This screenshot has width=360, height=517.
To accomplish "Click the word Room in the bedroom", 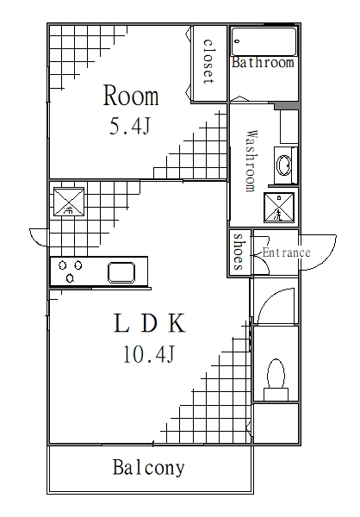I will click(x=132, y=94).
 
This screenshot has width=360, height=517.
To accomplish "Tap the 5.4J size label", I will click(x=131, y=128).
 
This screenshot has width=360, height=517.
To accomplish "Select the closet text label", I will click(x=208, y=60).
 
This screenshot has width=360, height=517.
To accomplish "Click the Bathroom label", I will click(x=263, y=63).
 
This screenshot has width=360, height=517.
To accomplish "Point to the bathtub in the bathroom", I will click(x=264, y=41).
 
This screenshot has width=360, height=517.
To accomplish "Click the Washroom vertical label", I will click(x=251, y=160).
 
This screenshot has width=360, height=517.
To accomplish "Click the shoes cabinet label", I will click(x=239, y=252).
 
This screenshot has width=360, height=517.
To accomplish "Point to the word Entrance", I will click(x=286, y=252).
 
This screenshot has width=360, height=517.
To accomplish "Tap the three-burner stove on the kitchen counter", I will click(x=71, y=272).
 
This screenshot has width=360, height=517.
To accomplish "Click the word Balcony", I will click(x=148, y=469).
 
